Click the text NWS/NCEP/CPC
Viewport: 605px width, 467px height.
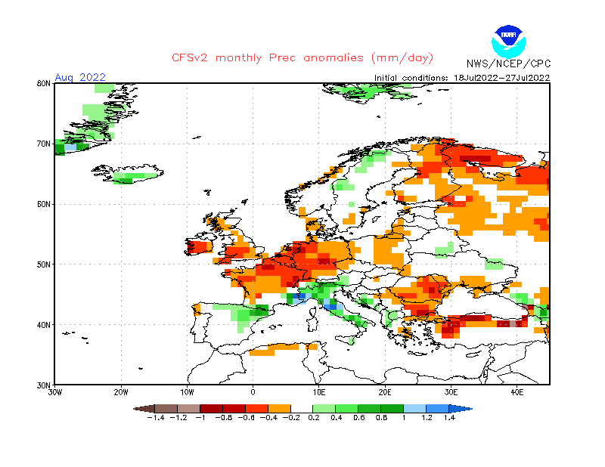(507, 63)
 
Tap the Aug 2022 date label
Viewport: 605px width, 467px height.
(80, 77)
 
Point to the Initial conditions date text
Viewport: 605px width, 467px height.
(462, 78)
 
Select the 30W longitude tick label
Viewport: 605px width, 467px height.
(55, 393)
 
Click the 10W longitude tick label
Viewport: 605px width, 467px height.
(187, 393)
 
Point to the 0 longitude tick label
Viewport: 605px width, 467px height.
(253, 393)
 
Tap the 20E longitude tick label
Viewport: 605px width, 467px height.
(385, 393)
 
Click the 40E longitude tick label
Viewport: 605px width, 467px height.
(517, 393)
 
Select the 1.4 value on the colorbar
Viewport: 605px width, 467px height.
(449, 417)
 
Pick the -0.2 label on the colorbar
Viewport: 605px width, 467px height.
(290, 417)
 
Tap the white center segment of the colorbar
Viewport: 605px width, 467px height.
(302, 408)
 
